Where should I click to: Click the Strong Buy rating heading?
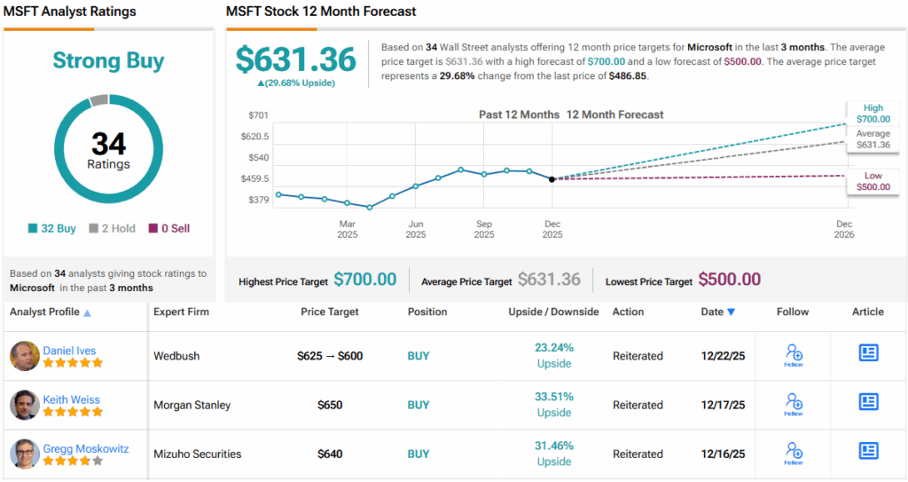click(109, 60)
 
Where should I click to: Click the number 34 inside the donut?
click(108, 144)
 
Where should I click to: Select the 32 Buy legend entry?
click(52, 228)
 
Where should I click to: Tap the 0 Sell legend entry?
click(169, 228)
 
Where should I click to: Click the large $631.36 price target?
click(295, 59)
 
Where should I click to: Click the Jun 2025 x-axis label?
click(416, 230)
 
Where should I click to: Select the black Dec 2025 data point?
click(552, 179)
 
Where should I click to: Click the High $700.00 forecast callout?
click(872, 113)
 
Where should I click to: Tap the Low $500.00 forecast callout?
click(872, 181)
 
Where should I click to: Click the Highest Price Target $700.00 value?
click(364, 280)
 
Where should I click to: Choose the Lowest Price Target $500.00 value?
click(729, 280)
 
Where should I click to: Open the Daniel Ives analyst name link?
click(69, 351)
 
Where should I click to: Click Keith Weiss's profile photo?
click(24, 405)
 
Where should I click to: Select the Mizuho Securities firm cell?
click(197, 454)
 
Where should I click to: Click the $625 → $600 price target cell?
click(330, 356)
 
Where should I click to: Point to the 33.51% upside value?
click(554, 397)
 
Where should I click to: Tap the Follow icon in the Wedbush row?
click(794, 355)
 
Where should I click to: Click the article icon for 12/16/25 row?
click(868, 451)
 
